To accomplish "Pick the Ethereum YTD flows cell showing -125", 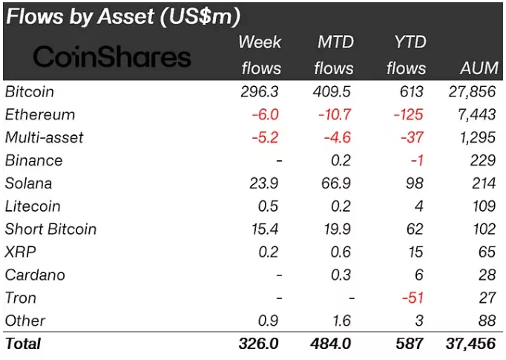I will pos(408,115).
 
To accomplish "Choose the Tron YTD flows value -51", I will pos(412,298).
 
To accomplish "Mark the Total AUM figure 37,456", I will pos(472,344).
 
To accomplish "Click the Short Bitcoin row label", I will pos(50,229).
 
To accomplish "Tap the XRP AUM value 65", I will pos(487,252).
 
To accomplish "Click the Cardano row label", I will pos(35,275).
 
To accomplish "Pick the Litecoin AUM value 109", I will pos(483,206).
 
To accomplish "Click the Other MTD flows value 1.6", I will pos(342,321).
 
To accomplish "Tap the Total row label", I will pos(23,344).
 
